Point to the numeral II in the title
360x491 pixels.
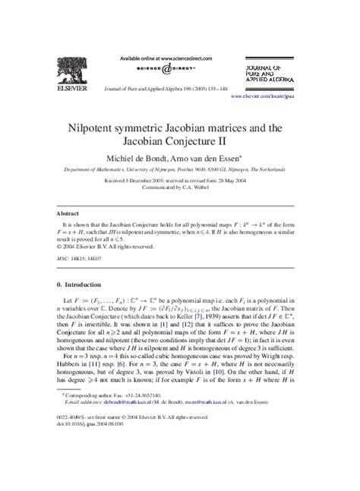(247, 141)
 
